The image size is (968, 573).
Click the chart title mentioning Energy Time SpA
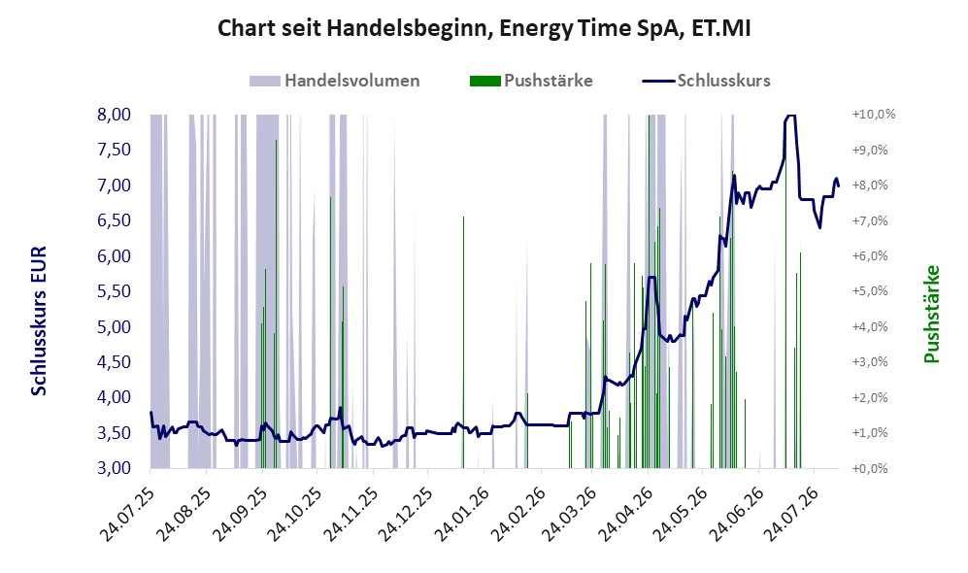tap(484, 28)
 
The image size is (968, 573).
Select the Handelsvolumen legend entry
tap(335, 81)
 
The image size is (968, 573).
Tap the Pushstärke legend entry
tap(531, 81)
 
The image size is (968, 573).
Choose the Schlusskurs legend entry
tap(706, 81)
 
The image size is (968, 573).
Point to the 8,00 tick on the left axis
tap(115, 115)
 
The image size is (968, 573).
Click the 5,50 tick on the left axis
tap(115, 290)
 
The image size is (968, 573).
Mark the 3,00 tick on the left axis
tap(115, 468)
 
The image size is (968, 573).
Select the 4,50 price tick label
tap(115, 362)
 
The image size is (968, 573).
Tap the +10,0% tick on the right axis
tap(874, 115)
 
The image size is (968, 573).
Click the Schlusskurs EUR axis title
tap(38, 321)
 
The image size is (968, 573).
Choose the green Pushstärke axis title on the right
tap(931, 315)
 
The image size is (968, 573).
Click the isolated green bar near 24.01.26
tap(463, 342)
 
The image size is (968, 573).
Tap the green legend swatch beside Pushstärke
tap(485, 81)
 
